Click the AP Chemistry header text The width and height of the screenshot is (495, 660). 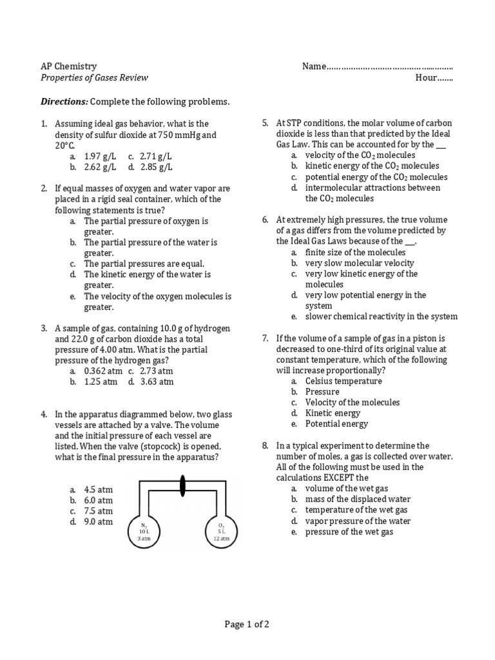tap(69, 66)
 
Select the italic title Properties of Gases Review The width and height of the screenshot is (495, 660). tap(94, 78)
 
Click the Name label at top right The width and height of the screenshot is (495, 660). tap(314, 66)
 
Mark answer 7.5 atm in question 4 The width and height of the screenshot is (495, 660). tap(98, 511)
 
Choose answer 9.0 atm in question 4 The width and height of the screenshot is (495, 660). tap(98, 522)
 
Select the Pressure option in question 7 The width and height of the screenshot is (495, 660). tap(322, 392)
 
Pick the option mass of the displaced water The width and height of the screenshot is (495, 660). tap(358, 500)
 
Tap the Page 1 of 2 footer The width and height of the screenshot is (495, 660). tap(247, 624)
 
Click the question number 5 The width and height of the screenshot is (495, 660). tap(265, 123)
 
